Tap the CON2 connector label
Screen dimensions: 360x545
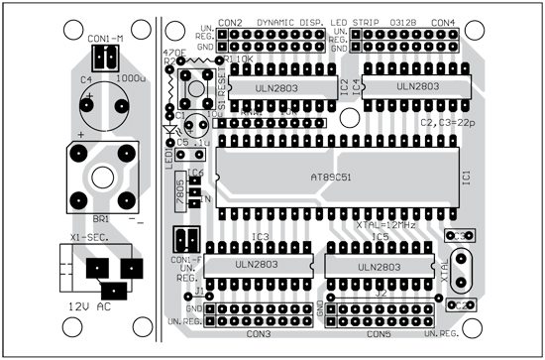(x=230, y=22)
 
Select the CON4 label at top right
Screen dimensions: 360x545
(x=443, y=22)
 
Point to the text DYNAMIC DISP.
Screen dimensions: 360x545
(x=290, y=22)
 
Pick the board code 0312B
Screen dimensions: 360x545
(x=405, y=22)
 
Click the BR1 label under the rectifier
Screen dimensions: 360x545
(x=100, y=217)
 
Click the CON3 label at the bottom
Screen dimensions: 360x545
(x=259, y=333)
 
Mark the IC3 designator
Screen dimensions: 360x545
(x=260, y=238)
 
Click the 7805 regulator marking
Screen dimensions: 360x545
(x=179, y=191)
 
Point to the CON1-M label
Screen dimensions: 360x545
(x=105, y=39)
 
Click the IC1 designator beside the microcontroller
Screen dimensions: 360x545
(x=466, y=177)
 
